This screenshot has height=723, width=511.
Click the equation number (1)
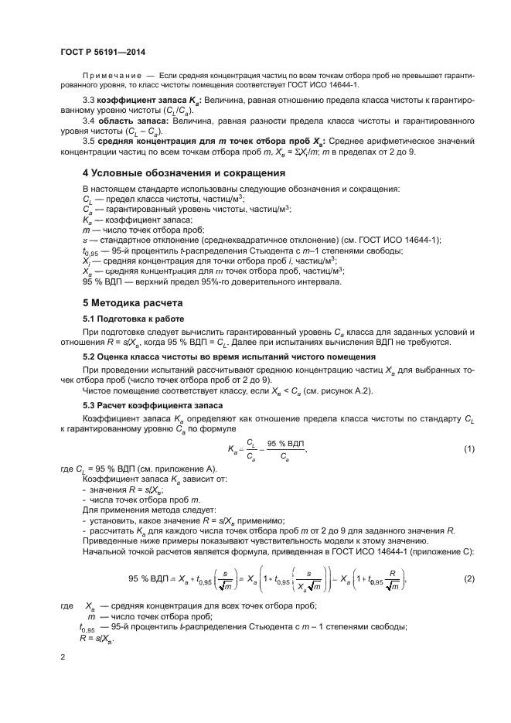pos(468,449)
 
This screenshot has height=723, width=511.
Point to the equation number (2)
pos(468,578)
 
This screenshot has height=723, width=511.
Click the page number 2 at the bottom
pos(62,657)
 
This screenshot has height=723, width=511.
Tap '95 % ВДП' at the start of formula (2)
pos(148,578)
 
